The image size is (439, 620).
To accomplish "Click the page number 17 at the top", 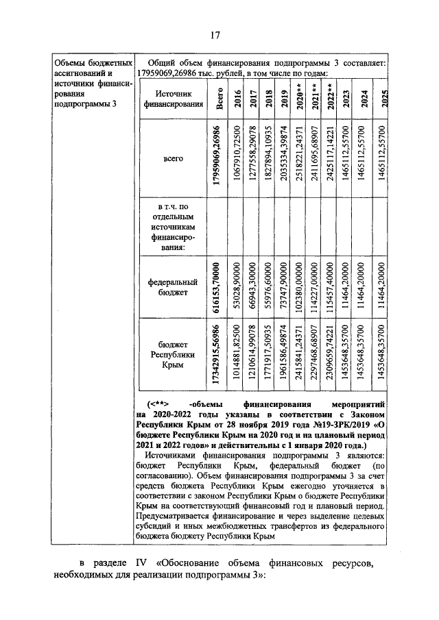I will click(x=214, y=36).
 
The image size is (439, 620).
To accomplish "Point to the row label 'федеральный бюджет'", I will click(x=172, y=287).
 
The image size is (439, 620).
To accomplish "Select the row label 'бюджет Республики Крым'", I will click(x=172, y=356).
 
